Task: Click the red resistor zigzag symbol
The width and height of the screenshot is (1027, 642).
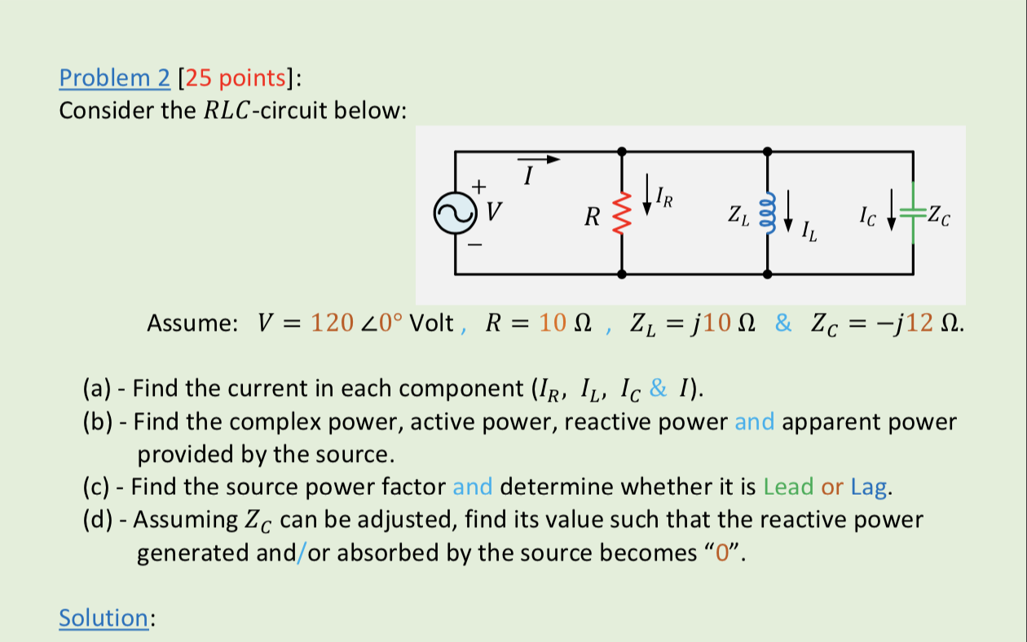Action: tap(622, 214)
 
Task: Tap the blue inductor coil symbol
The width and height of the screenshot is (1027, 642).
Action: tap(766, 213)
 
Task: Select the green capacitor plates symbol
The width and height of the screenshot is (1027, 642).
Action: tap(913, 214)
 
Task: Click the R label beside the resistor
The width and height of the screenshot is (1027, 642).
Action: tap(593, 218)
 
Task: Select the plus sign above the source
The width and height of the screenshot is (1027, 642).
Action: tap(479, 186)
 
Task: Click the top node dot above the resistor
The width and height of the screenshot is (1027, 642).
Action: tap(622, 152)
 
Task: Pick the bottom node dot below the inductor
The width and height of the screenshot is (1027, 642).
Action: tap(767, 275)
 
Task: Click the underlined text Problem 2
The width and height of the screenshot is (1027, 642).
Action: tap(115, 78)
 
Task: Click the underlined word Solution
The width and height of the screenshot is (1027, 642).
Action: tap(103, 618)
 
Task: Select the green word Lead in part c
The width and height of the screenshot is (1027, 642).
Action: tap(789, 487)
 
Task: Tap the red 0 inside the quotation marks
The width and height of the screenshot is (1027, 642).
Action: tap(720, 553)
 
